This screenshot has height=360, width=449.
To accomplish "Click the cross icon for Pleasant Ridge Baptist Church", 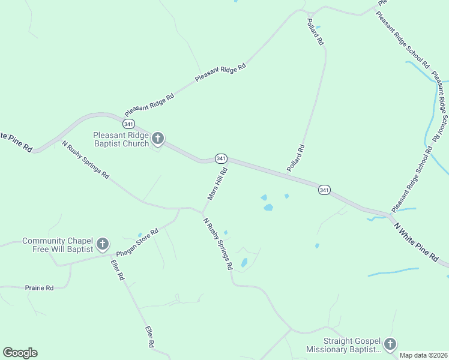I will tap(158, 139).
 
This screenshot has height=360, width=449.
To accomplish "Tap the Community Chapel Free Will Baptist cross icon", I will tap(103, 244).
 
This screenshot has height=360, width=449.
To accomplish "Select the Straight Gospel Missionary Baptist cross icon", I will tap(390, 344).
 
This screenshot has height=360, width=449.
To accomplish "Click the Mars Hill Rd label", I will tap(216, 184).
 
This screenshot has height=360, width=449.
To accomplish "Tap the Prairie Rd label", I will tap(40, 288).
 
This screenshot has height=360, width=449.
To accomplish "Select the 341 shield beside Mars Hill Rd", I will tap(221, 158).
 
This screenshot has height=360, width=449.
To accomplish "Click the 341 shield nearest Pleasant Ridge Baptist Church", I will tap(128, 124).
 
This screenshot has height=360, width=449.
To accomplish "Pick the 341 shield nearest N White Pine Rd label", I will tap(324, 190).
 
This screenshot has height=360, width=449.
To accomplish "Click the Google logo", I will tap(20, 353).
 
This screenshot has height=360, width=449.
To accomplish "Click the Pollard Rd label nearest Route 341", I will tap(296, 158).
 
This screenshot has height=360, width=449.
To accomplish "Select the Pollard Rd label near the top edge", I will tap(315, 32).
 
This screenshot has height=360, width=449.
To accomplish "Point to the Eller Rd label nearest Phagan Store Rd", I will tap(117, 270).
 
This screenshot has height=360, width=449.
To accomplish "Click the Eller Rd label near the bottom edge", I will tap(150, 337).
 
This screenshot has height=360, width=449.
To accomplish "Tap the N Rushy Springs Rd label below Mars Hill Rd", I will tap(217, 244).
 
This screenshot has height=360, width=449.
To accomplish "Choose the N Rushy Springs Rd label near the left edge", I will tap(85, 159).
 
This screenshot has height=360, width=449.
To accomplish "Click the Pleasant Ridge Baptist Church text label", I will tap(121, 139).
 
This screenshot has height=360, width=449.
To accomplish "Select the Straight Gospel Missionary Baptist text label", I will tap(343, 344).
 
